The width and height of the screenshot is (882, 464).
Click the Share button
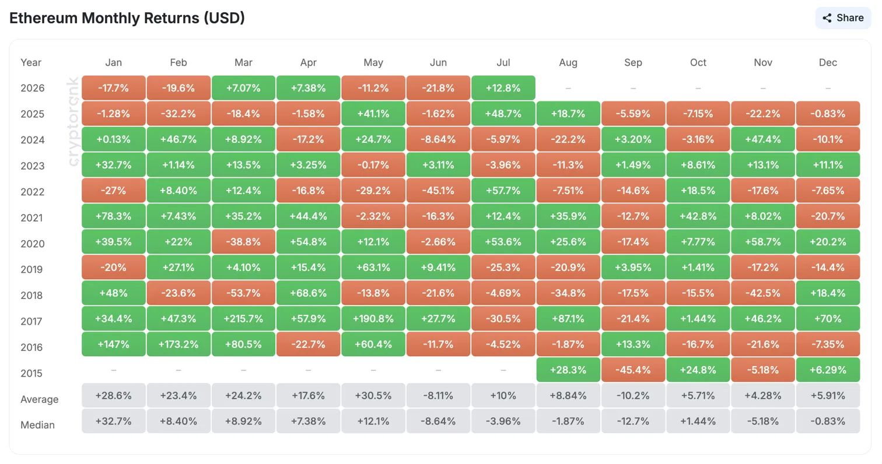pos(842,17)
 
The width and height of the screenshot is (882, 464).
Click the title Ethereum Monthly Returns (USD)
pos(127,18)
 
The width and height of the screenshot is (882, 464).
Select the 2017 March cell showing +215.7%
pos(243,318)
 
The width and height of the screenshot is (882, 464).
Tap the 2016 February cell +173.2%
pos(178,345)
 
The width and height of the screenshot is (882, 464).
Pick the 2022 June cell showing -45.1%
pos(438,191)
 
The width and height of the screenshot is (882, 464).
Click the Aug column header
pos(568,62)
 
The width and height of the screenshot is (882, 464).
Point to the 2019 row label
pos(32,269)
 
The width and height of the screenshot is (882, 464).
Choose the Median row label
pos(37,425)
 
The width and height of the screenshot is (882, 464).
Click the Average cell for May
pos(373,396)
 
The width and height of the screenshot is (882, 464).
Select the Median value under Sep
pos(633,421)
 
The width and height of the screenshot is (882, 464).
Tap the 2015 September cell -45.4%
pos(633,370)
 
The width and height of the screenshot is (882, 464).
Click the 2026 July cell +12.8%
pos(503,88)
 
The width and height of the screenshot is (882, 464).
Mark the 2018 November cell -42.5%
pos(763,293)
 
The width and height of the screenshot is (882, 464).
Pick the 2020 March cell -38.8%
pos(243,242)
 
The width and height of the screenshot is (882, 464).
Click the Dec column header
pos(828,62)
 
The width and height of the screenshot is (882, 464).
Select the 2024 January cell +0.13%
pos(113,139)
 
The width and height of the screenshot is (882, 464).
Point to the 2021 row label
pos(32,217)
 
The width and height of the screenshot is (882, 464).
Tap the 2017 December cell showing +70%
pos(828,318)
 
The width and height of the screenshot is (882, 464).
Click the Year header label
pos(31,62)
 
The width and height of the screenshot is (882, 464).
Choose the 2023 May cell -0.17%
pos(373,165)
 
